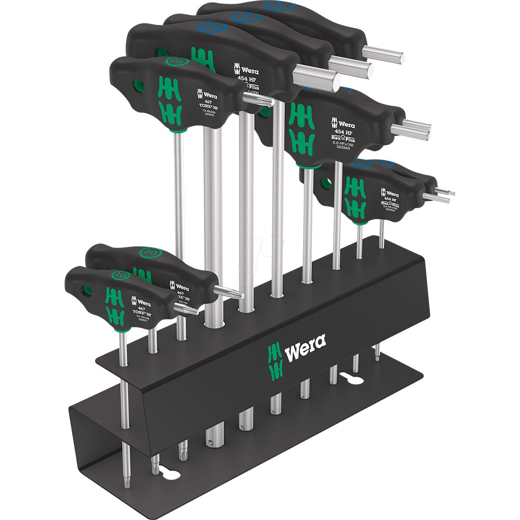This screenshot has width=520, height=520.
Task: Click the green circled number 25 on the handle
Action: pos(136,61)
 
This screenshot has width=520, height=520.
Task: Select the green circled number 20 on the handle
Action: pos(151,253)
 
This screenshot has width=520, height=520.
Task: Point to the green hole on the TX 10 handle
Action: pos(87,289)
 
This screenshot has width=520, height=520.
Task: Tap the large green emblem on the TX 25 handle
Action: pos(170,101)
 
